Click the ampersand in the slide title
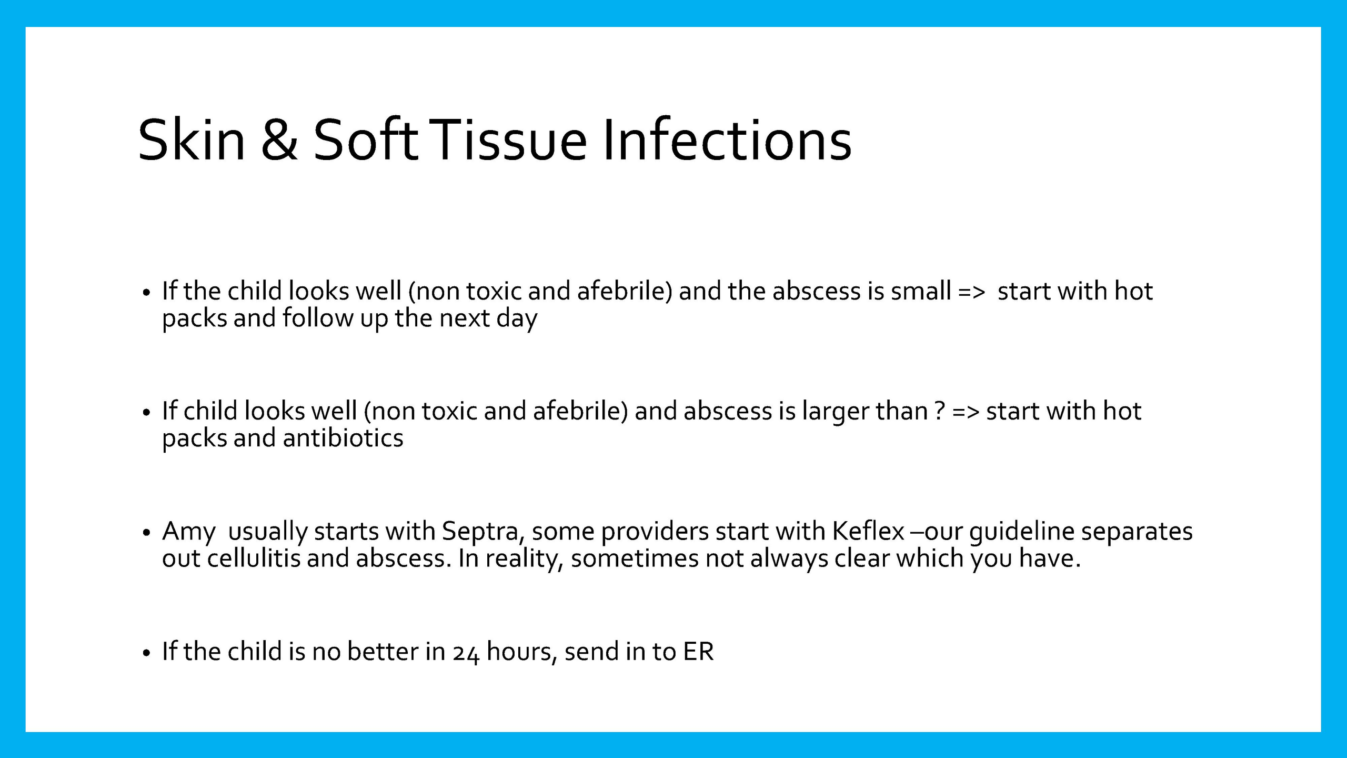(x=279, y=139)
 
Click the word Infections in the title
(x=727, y=139)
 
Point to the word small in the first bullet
(x=921, y=291)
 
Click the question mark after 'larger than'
(x=940, y=411)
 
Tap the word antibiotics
(x=343, y=438)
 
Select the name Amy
(x=189, y=532)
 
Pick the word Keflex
(x=868, y=531)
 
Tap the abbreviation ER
(x=698, y=652)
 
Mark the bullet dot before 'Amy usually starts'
(x=147, y=533)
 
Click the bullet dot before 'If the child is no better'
(x=147, y=653)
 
